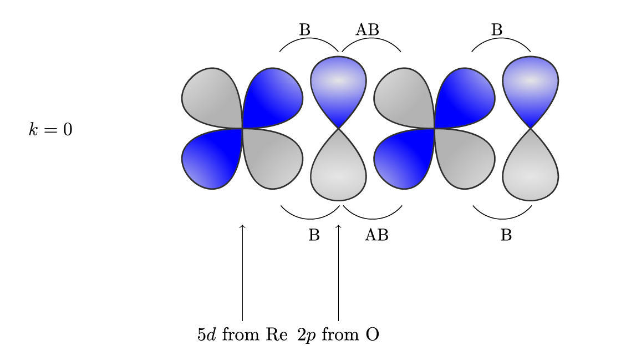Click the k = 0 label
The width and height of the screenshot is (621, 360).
pyautogui.click(x=50, y=129)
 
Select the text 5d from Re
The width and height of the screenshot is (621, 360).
pyautogui.click(x=242, y=334)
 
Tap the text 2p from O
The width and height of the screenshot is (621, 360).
pyautogui.click(x=338, y=334)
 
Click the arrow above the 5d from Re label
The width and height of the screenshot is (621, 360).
pyautogui.click(x=242, y=272)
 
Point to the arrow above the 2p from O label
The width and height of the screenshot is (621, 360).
pyautogui.click(x=338, y=272)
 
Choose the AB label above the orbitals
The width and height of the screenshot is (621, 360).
pyautogui.click(x=367, y=30)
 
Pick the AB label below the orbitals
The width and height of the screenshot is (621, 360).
pyautogui.click(x=376, y=235)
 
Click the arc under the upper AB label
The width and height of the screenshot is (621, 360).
pyautogui.click(x=371, y=38)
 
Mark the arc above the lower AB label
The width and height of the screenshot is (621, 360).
pyautogui.click(x=373, y=218)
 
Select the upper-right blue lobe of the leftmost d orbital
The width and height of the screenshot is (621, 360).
pyautogui.click(x=274, y=97)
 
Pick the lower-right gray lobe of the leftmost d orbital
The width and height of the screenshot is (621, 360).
pyautogui.click(x=274, y=159)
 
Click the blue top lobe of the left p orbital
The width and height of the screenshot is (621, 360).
pyautogui.click(x=338, y=87)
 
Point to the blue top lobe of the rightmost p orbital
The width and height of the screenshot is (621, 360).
pyautogui.click(x=530, y=87)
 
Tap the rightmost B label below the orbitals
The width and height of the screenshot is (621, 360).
pyautogui.click(x=506, y=235)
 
